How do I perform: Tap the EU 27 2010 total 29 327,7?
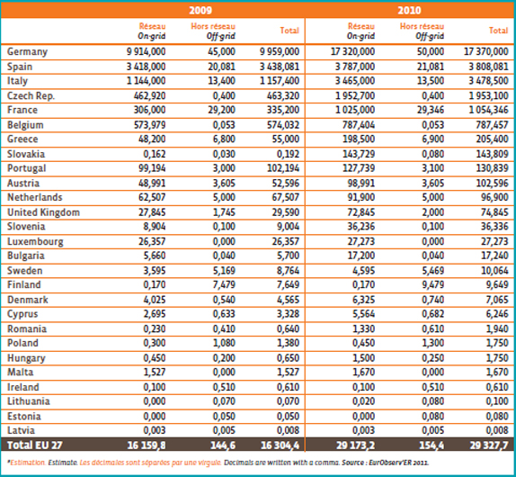(482, 445)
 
